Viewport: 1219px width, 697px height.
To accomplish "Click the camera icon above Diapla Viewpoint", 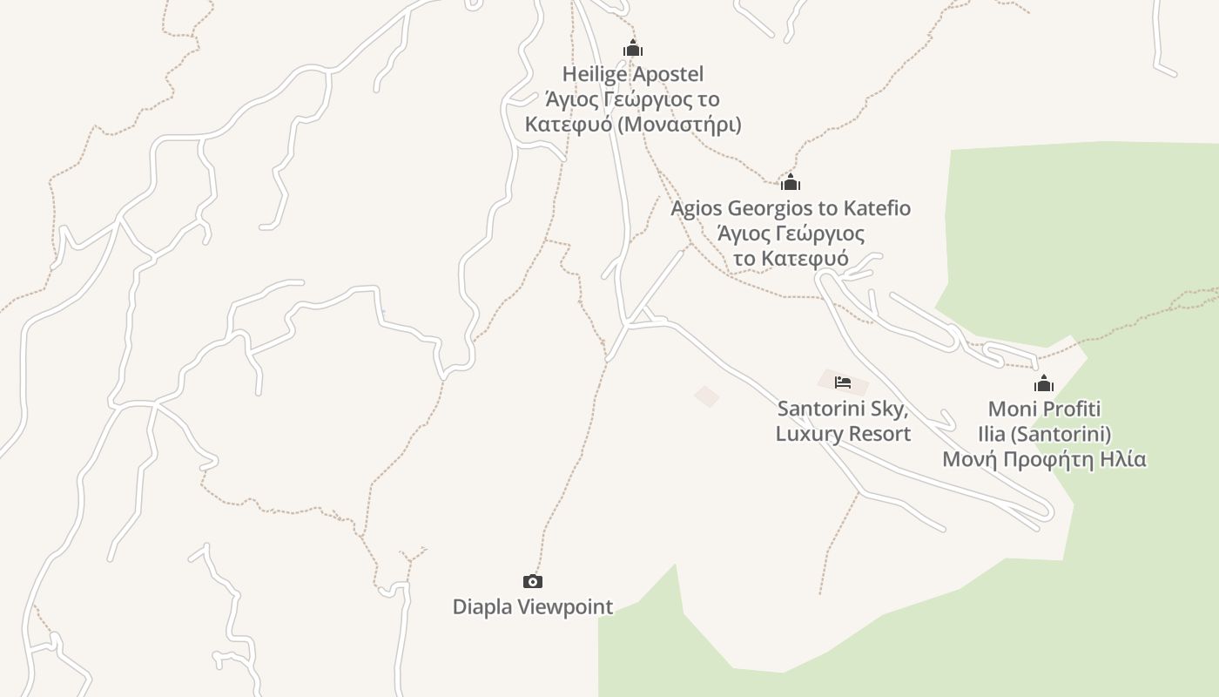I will tap(532, 581).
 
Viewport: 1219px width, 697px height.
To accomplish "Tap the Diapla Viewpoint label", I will tap(532, 606).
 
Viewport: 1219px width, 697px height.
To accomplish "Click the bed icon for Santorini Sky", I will tap(842, 382).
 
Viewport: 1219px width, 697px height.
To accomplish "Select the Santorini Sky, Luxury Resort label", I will tap(843, 421).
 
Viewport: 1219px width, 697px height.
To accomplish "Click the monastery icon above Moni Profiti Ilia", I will tap(1044, 383).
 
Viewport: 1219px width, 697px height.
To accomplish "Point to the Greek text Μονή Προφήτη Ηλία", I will tap(1044, 459).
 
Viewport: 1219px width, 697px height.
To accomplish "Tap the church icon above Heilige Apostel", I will tap(633, 49).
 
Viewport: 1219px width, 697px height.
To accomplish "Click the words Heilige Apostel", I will tap(633, 74).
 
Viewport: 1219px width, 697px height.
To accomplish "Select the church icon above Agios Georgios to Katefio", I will tap(791, 183).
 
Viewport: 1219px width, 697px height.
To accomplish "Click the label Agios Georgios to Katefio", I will tap(791, 208).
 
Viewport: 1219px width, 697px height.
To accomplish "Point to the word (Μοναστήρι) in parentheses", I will tap(679, 125).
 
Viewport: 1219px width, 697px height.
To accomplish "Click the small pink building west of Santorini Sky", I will tap(707, 396).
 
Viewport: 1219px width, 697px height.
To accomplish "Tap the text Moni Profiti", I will tap(1044, 409).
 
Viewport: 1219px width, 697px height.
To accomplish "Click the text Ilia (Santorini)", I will tap(1044, 434).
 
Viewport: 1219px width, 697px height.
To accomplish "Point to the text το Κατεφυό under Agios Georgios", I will tap(791, 259).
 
